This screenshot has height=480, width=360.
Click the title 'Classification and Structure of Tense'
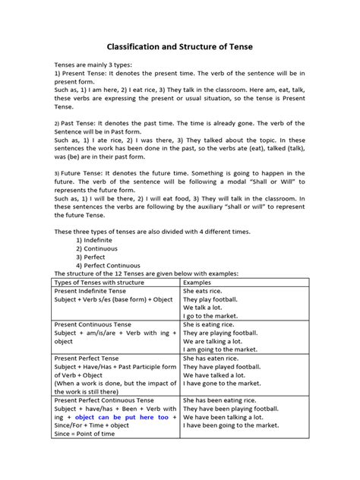tap(179, 47)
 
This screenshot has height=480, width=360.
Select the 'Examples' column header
tap(200, 282)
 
